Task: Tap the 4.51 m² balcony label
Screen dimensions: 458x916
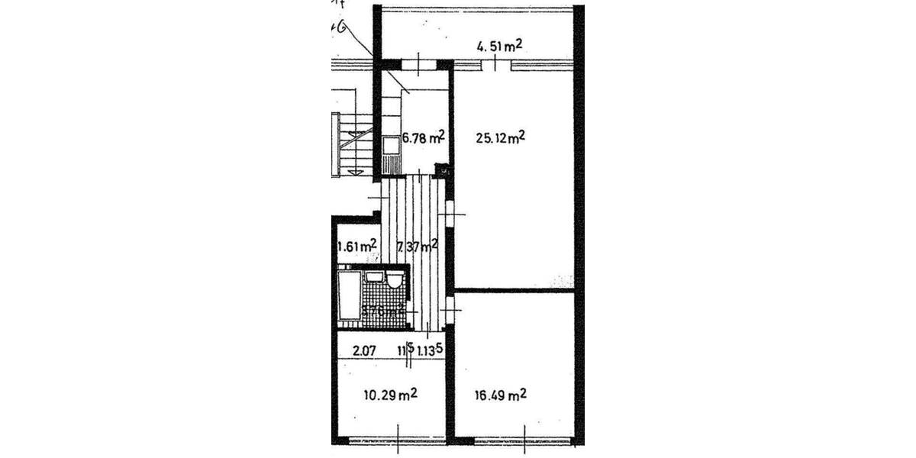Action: pyautogui.click(x=499, y=47)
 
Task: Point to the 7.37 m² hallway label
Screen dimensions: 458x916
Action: pyautogui.click(x=417, y=246)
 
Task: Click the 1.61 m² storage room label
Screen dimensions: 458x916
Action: pyautogui.click(x=356, y=246)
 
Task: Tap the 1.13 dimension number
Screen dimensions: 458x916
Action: pyautogui.click(x=427, y=351)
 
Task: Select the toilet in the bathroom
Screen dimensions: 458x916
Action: pyautogui.click(x=394, y=280)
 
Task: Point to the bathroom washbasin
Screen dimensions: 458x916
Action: pyautogui.click(x=373, y=278)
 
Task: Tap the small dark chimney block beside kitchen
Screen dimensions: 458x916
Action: pyautogui.click(x=440, y=170)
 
